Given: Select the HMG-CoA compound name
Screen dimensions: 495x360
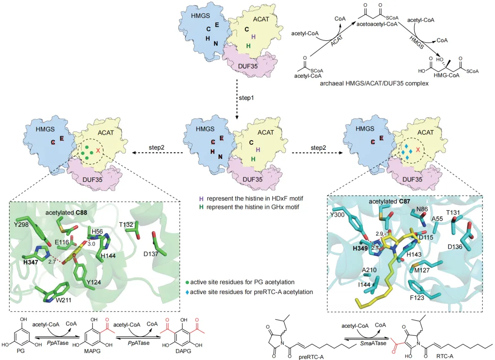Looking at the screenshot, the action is [x=444, y=75].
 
